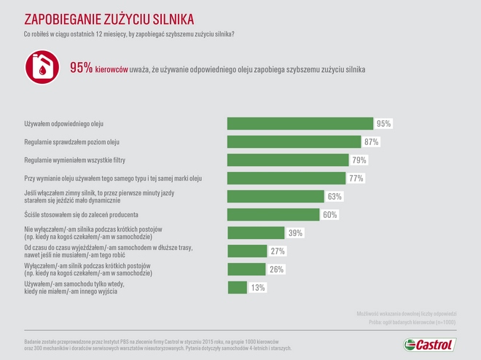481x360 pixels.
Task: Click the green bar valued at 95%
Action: pos(300,124)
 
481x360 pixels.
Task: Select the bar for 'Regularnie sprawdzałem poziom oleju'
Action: pos(294,142)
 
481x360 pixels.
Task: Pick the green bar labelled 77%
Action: pos(286,179)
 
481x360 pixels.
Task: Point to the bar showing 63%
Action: pos(275,197)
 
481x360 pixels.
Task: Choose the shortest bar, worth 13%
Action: pos(238,288)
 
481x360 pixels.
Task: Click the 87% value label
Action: pos(372,142)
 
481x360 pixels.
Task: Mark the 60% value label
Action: pos(330,215)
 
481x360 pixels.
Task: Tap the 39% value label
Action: pos(295,233)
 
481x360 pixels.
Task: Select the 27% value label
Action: pos(278,251)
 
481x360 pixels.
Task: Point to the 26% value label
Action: pos(276,270)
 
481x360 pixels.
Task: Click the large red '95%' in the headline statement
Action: pos(81,68)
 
